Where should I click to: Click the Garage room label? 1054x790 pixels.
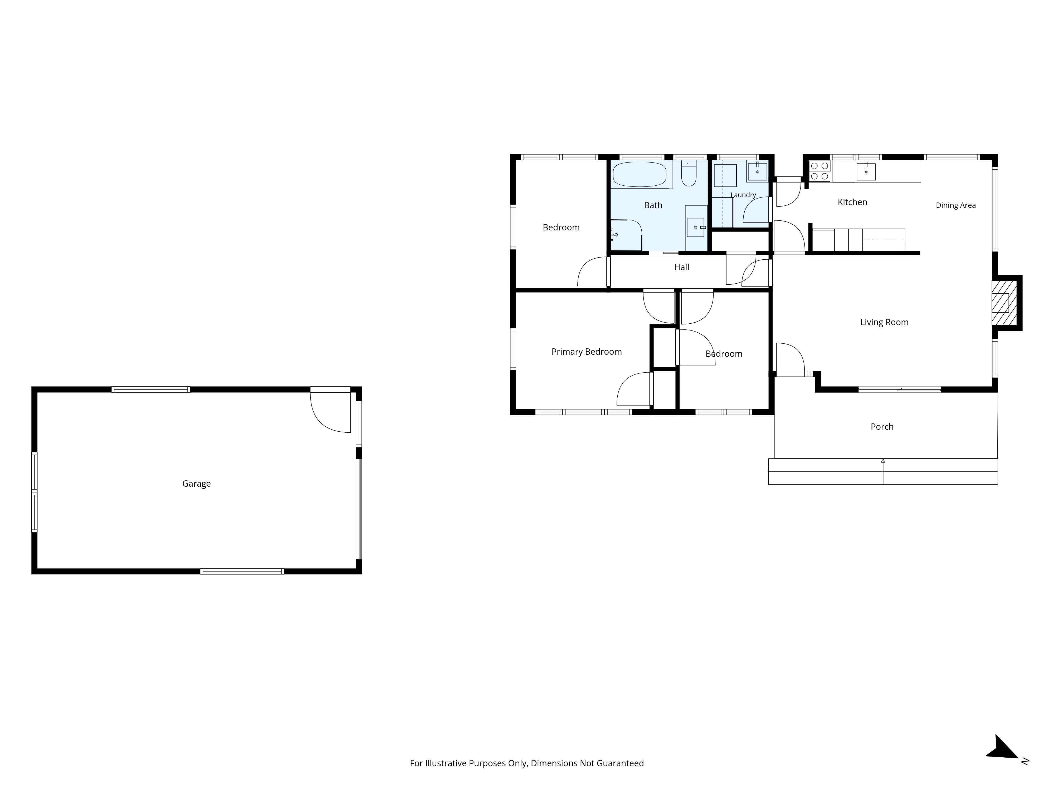pos(196,484)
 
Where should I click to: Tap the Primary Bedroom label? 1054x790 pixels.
pos(587,352)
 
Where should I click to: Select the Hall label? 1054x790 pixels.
pos(681,267)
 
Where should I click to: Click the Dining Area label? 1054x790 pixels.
pos(956,205)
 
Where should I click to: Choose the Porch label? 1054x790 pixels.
pos(882,427)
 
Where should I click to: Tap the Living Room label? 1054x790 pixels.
pos(884,322)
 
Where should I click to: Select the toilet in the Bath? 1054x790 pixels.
pos(689,173)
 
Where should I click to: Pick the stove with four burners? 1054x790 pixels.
pos(819,171)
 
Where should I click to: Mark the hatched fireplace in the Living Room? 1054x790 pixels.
pos(1004,303)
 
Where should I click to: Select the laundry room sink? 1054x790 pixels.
pos(757,171)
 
